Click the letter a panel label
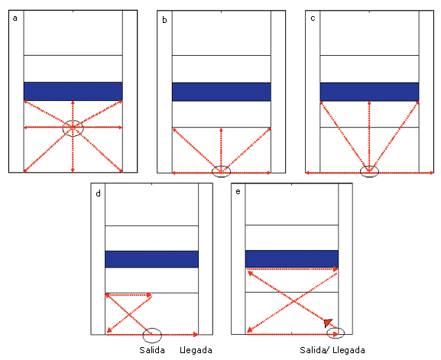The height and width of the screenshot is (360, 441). pyautogui.click(x=15, y=18)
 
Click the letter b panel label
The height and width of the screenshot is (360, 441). pyautogui.click(x=164, y=20)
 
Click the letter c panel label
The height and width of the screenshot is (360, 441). pyautogui.click(x=313, y=18)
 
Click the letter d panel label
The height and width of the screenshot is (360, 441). pyautogui.click(x=98, y=193)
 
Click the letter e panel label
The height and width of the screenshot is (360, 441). pyautogui.click(x=238, y=192)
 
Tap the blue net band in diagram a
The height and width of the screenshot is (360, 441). pyautogui.click(x=73, y=91)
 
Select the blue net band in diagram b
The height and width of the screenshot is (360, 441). pyautogui.click(x=222, y=92)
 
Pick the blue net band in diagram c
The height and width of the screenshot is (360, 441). pyautogui.click(x=370, y=92)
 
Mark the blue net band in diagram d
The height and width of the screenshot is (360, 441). pyautogui.click(x=151, y=259)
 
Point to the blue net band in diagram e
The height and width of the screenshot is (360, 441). pyautogui.click(x=292, y=259)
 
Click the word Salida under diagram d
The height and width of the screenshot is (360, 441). pyautogui.click(x=152, y=350)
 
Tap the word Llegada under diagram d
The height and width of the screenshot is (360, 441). pyautogui.click(x=196, y=350)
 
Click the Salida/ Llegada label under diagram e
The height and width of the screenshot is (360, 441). pyautogui.click(x=332, y=350)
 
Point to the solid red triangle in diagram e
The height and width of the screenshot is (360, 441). pyautogui.click(x=328, y=323)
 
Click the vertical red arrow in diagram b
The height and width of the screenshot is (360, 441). pyautogui.click(x=222, y=150)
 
